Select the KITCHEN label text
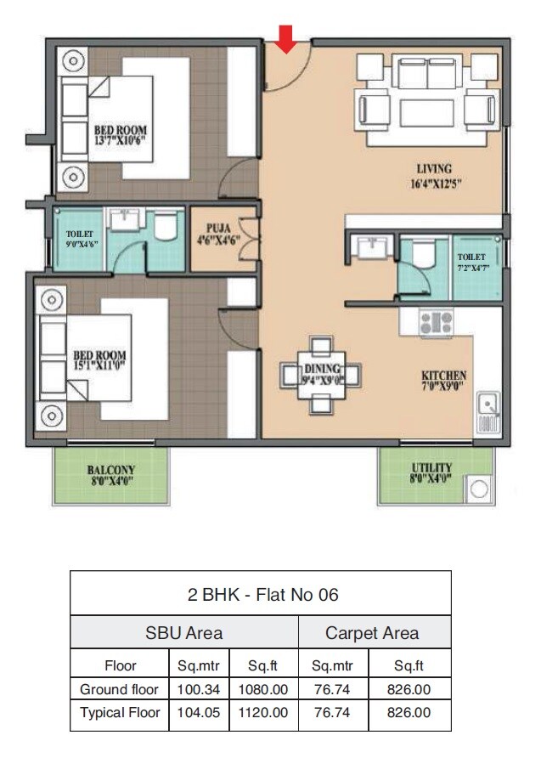[444, 375]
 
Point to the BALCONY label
[110, 469]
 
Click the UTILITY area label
[431, 468]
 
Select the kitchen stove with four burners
[436, 321]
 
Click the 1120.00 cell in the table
[264, 712]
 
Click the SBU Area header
[183, 632]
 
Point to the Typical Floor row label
[120, 712]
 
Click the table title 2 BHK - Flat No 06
[262, 594]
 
